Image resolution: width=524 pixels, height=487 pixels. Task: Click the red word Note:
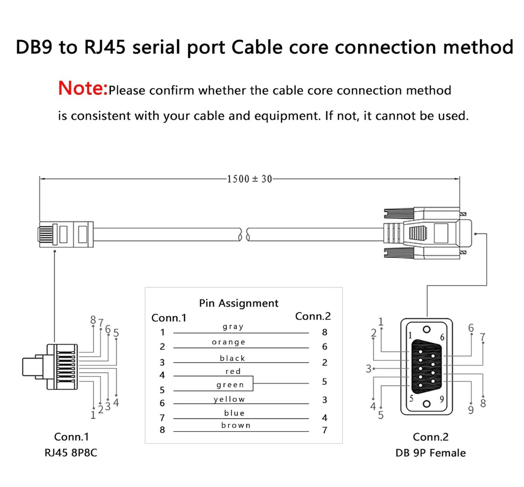(x=83, y=88)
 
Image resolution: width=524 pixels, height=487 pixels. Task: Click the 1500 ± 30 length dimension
(x=249, y=179)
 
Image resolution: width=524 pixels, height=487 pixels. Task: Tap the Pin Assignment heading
(x=238, y=303)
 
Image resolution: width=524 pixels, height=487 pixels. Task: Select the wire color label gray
(x=233, y=326)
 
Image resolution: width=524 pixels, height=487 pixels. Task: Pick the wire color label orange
(x=229, y=342)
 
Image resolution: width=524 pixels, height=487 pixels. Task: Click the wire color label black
(x=232, y=358)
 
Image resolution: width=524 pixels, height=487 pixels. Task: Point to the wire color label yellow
(x=230, y=399)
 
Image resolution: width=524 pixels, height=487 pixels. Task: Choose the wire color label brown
(x=236, y=425)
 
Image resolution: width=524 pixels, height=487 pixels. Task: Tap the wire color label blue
(x=234, y=413)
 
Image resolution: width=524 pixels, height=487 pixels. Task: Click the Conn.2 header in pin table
(x=313, y=316)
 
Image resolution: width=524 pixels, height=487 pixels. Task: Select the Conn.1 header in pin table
(x=169, y=318)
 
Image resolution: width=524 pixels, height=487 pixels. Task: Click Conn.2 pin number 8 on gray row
(x=324, y=333)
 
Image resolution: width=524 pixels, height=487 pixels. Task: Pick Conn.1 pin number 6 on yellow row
(x=162, y=403)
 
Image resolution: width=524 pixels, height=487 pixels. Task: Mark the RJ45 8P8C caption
(x=71, y=453)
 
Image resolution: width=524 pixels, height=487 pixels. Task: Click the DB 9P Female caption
(x=430, y=453)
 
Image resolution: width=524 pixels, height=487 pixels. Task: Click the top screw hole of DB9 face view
(x=427, y=329)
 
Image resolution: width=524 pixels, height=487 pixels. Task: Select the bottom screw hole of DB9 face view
(x=427, y=404)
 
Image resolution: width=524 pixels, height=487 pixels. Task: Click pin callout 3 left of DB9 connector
(x=368, y=369)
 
